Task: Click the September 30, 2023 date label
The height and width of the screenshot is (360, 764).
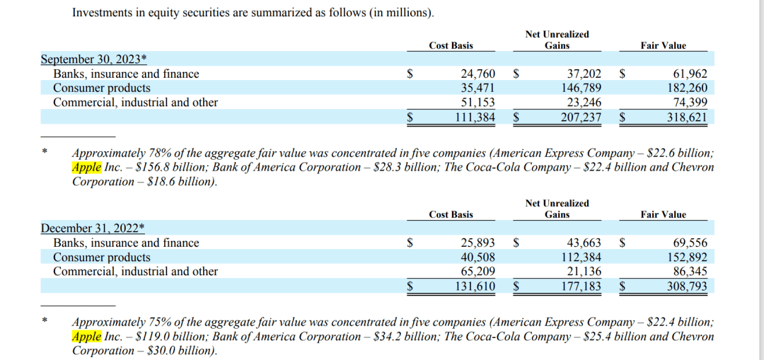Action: [x=93, y=59]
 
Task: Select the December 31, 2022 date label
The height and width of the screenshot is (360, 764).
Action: [x=93, y=228]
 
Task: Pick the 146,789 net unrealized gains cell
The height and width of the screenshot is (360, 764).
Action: [x=580, y=88]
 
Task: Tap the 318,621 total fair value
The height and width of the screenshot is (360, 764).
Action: [x=686, y=117]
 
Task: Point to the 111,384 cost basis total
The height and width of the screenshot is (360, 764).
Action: [x=475, y=117]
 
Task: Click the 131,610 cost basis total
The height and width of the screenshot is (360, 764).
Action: [x=475, y=286]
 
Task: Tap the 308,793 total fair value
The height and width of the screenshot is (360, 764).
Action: [x=686, y=286]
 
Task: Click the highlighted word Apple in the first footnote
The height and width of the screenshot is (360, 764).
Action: [x=86, y=168]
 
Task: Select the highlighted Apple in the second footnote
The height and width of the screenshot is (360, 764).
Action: [x=86, y=337]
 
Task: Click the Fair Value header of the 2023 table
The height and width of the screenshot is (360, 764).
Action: [x=663, y=45]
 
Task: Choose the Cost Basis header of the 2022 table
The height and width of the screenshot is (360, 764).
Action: [x=451, y=214]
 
